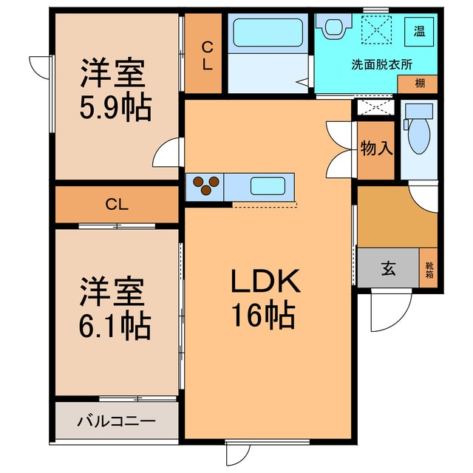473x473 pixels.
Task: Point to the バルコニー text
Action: (x=116, y=422)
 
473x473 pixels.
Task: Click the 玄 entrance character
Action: (x=387, y=269)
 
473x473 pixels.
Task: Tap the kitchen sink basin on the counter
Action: (x=270, y=185)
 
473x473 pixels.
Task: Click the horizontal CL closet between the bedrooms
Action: (x=116, y=204)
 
